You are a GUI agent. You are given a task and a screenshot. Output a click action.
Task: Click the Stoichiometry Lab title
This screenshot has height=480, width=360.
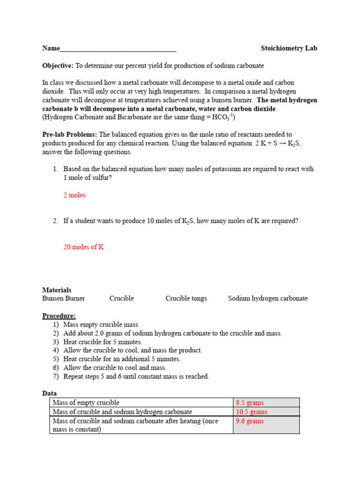(289, 48)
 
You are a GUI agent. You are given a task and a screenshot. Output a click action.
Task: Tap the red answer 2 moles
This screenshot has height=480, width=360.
(75, 195)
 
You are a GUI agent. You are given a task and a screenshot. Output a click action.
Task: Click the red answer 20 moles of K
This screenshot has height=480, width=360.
(83, 247)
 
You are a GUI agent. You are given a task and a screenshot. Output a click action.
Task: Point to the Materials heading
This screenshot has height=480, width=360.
(57, 290)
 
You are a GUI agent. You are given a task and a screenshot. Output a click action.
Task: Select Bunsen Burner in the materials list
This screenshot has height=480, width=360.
(64, 299)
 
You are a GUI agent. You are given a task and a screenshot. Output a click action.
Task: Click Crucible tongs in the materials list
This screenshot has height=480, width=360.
(186, 299)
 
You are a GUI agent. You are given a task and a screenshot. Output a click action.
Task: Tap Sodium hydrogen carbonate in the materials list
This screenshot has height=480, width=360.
(268, 299)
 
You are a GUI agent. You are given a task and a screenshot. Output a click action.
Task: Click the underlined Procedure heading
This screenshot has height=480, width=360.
(59, 316)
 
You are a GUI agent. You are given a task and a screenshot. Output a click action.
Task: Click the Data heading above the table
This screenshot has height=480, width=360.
(49, 394)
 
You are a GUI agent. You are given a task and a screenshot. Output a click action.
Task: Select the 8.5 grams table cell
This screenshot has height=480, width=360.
(250, 403)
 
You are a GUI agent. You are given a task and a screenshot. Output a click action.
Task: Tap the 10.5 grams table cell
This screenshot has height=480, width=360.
(252, 412)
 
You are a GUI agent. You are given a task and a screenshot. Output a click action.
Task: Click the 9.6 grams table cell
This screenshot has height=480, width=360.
(250, 421)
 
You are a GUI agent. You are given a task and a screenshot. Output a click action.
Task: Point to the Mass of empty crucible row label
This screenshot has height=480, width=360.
(86, 403)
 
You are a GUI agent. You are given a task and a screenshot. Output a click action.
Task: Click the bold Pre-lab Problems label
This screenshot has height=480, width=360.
(70, 135)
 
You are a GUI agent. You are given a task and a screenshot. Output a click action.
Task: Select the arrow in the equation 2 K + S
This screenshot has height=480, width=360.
(278, 143)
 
